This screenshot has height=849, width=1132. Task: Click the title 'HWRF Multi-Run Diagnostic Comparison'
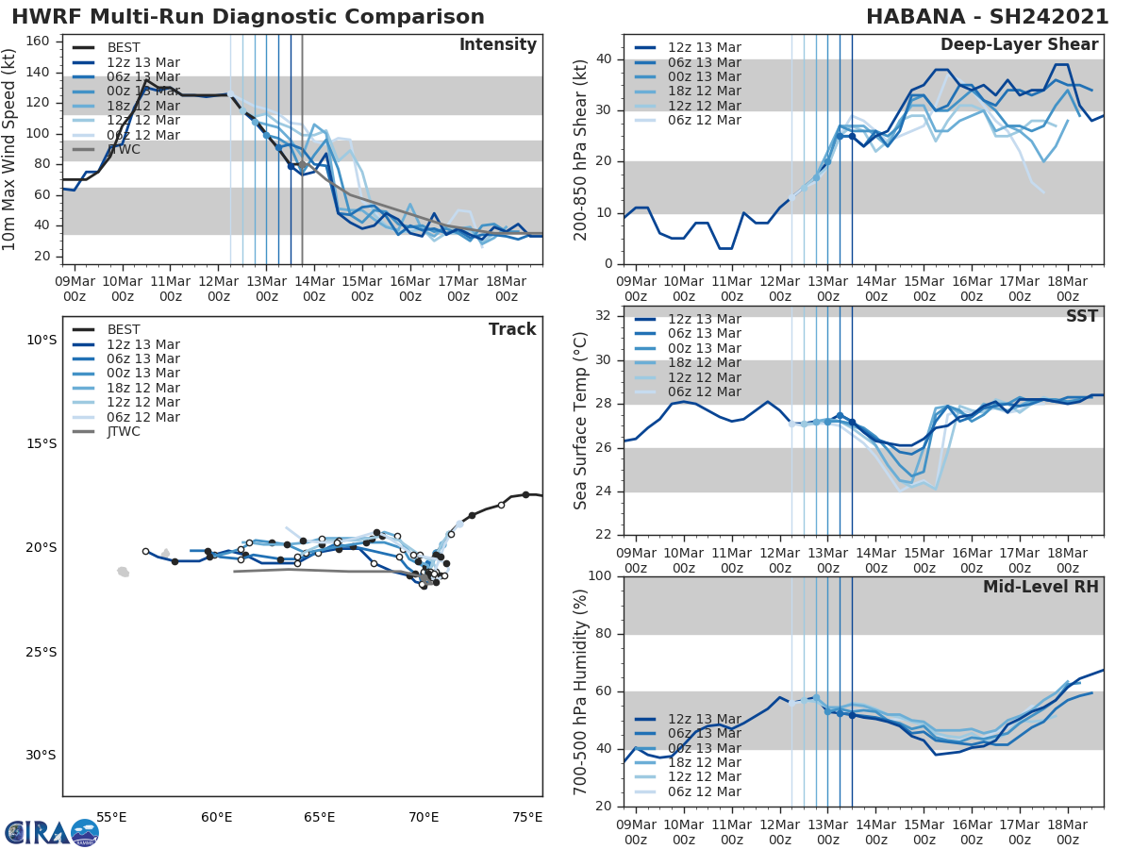(x=248, y=17)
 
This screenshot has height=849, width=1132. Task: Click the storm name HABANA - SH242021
(x=988, y=17)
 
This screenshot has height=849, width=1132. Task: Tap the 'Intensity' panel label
(x=497, y=45)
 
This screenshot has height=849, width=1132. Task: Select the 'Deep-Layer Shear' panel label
(x=1019, y=45)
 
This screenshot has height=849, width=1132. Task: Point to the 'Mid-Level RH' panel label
(x=1040, y=587)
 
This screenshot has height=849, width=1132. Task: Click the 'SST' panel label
(x=1082, y=316)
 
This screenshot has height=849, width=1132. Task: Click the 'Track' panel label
(x=512, y=329)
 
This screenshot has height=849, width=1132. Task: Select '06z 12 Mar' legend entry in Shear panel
(x=705, y=121)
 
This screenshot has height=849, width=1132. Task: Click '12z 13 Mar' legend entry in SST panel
(x=705, y=320)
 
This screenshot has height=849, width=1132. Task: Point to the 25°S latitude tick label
(x=41, y=652)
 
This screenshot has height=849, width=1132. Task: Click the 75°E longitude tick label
(x=526, y=817)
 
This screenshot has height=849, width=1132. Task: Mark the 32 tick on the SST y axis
(x=605, y=316)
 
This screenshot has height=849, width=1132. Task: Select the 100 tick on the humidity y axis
(x=600, y=576)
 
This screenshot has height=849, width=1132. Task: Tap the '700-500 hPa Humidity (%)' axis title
(x=580, y=691)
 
